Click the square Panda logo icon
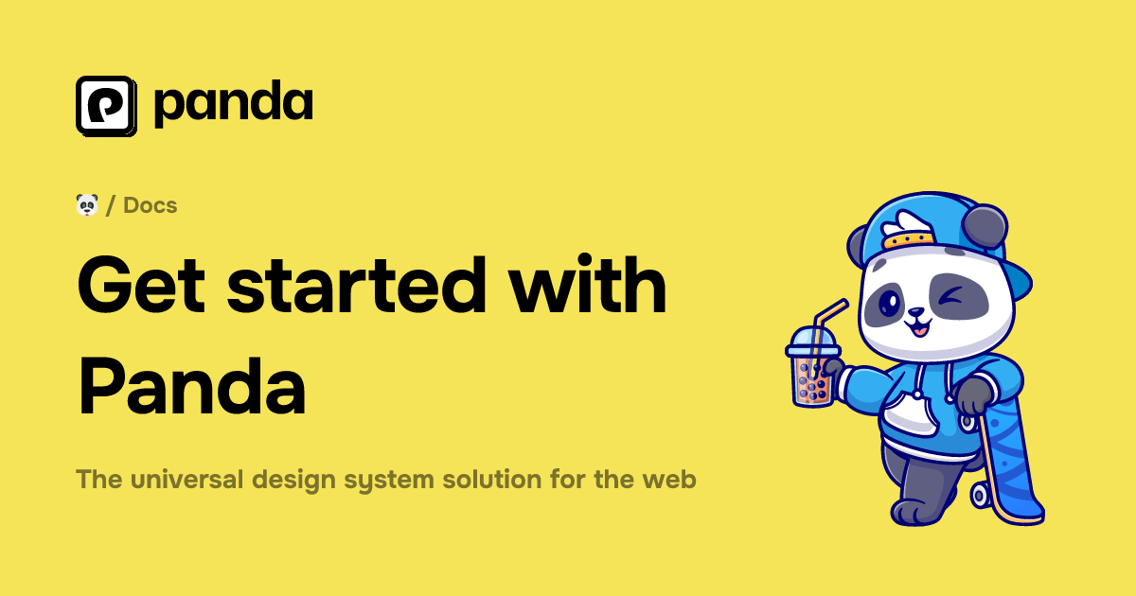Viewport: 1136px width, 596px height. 106,105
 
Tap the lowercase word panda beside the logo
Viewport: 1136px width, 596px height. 233,104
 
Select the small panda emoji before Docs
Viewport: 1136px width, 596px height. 87,204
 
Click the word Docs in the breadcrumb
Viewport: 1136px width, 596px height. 151,204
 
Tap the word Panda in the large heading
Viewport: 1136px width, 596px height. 192,388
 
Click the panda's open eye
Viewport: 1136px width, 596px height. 890,304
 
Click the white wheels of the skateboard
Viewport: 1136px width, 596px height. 980,493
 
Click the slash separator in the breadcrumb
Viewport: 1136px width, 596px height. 112,204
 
